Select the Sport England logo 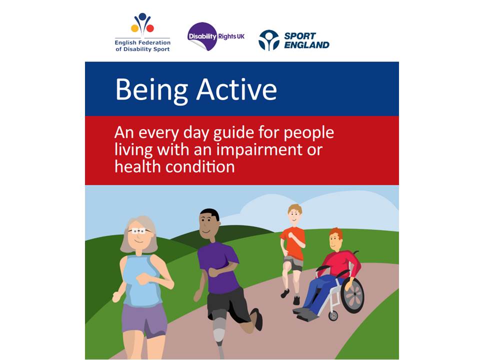point(293,40)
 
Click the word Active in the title point(236,90)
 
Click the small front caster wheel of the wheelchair point(332,315)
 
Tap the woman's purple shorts point(144,317)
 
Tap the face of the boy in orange point(295,215)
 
